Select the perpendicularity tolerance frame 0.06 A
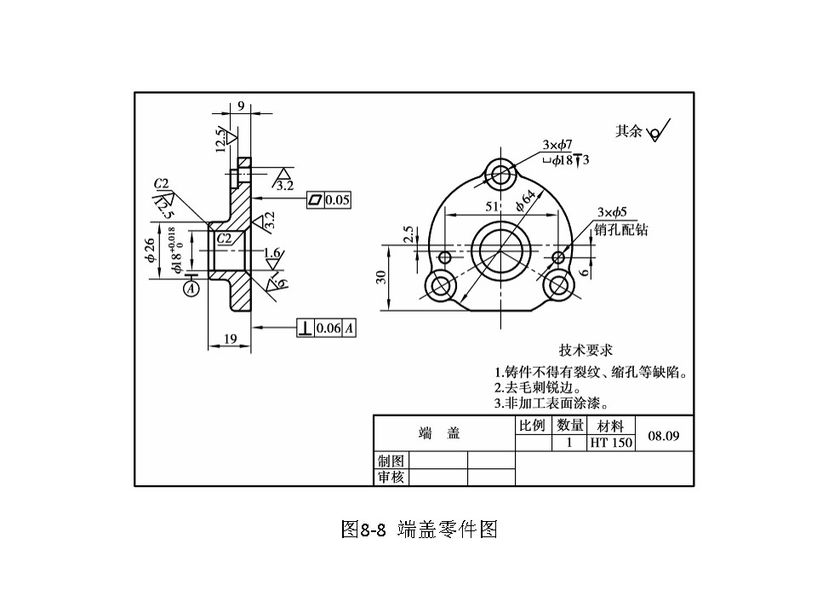coord(326,328)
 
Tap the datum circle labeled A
coord(191,289)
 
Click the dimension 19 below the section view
coord(230,339)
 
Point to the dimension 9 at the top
coord(241,106)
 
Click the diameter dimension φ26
coord(151,251)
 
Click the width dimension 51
coord(492,207)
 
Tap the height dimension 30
coord(382,277)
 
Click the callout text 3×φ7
coord(557,145)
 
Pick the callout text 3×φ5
coord(612,212)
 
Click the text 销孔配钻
coord(621,229)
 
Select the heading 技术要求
coord(586,350)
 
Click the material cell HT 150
coord(611,443)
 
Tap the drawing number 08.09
coord(664,436)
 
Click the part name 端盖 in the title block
coord(439,433)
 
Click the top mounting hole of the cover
coord(500,175)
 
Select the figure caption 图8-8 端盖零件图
coord(418,529)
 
